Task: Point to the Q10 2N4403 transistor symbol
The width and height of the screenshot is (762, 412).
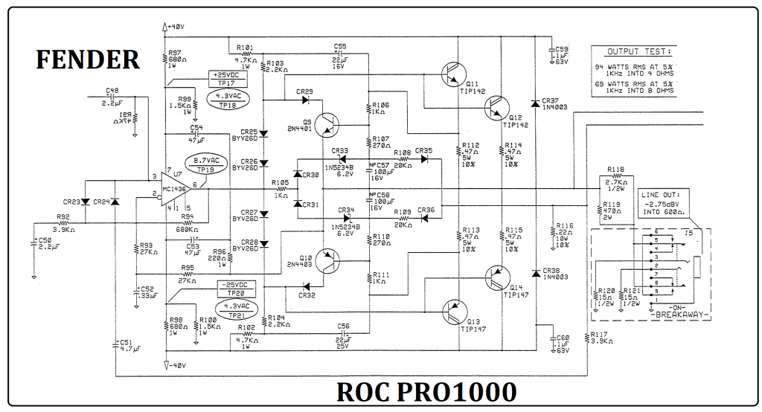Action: pos(327,261)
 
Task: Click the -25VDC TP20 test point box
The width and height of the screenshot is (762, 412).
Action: pos(234,289)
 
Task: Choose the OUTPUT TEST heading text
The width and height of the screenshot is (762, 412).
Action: pos(638,51)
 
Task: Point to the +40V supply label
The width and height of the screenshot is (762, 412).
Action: pos(174,27)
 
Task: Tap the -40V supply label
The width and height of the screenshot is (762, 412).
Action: pos(174,365)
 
